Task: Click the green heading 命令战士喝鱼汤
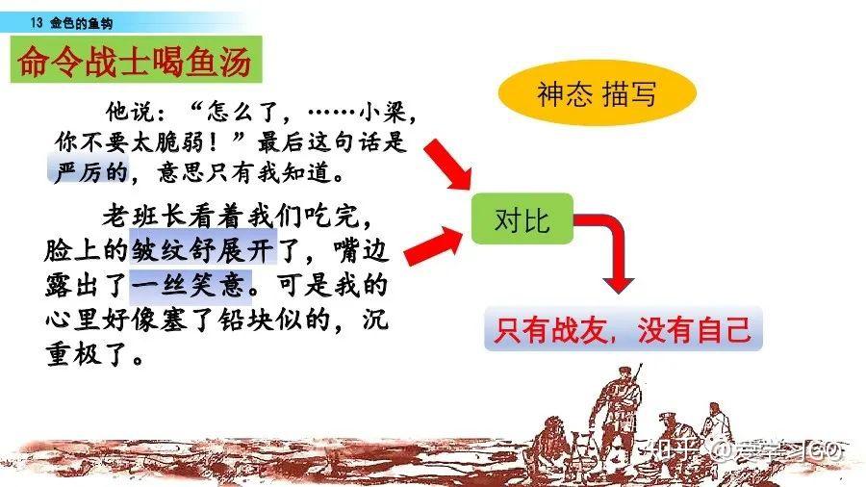[x=136, y=60]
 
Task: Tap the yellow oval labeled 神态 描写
[x=597, y=92]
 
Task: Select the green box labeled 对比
[x=522, y=219]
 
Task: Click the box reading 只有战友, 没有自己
[x=623, y=329]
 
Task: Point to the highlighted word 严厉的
[x=89, y=171]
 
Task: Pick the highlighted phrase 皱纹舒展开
[x=203, y=249]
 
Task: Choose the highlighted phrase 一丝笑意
[x=191, y=285]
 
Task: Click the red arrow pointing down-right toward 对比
[x=447, y=164]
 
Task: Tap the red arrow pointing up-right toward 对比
[x=434, y=245]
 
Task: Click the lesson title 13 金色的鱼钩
[x=72, y=23]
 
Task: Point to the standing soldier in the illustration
[x=618, y=411]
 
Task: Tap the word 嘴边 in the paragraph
[x=362, y=249]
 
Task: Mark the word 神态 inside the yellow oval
[x=565, y=93]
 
